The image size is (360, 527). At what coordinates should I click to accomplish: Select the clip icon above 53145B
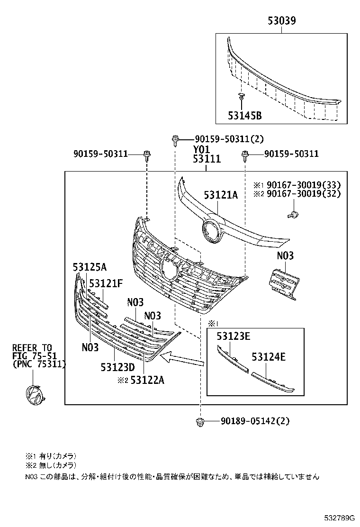[x=242, y=98]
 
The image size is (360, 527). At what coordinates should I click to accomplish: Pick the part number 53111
[x=207, y=160]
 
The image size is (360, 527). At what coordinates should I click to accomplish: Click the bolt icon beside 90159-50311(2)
[x=175, y=140]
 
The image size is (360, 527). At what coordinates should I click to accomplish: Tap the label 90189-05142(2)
[x=255, y=420]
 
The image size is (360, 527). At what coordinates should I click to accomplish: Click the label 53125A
[x=90, y=267]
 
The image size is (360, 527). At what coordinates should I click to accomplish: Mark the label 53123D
[x=117, y=367]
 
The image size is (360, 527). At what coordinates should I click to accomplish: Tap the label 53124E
[x=269, y=357]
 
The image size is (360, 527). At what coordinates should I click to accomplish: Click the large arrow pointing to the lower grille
[x=182, y=358]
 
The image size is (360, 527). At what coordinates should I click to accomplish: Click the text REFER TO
[x=32, y=348]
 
